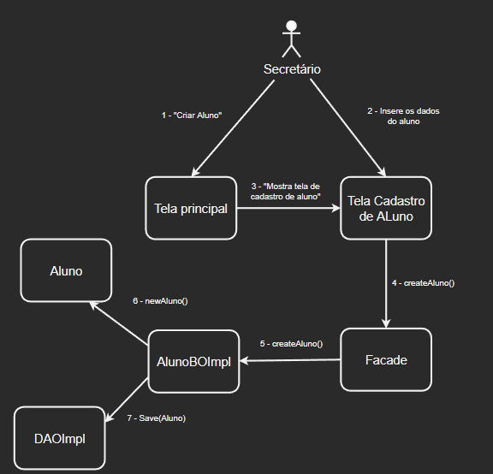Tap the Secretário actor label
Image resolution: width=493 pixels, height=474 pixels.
[x=292, y=68]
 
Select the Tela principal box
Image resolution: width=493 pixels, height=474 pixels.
[x=191, y=208]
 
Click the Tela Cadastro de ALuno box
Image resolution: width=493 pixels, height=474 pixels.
[x=386, y=208]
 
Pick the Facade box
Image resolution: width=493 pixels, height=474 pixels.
[x=386, y=360]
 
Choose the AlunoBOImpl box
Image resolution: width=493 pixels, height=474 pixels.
[x=193, y=361]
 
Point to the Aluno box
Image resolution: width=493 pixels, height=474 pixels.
[x=66, y=270]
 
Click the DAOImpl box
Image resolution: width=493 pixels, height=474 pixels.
[x=60, y=437]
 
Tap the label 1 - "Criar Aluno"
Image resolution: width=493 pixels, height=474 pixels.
[x=192, y=115]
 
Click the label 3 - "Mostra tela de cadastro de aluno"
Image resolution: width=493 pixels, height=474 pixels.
[x=285, y=191]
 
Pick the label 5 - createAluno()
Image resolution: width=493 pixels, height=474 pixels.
[x=292, y=343]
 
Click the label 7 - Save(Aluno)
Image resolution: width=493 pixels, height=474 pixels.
[x=156, y=418]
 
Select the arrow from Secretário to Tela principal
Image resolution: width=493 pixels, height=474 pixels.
[x=231, y=128]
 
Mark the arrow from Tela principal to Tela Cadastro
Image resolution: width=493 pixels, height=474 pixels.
[x=288, y=208]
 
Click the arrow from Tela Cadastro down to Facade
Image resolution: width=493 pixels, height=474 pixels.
[x=386, y=282]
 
